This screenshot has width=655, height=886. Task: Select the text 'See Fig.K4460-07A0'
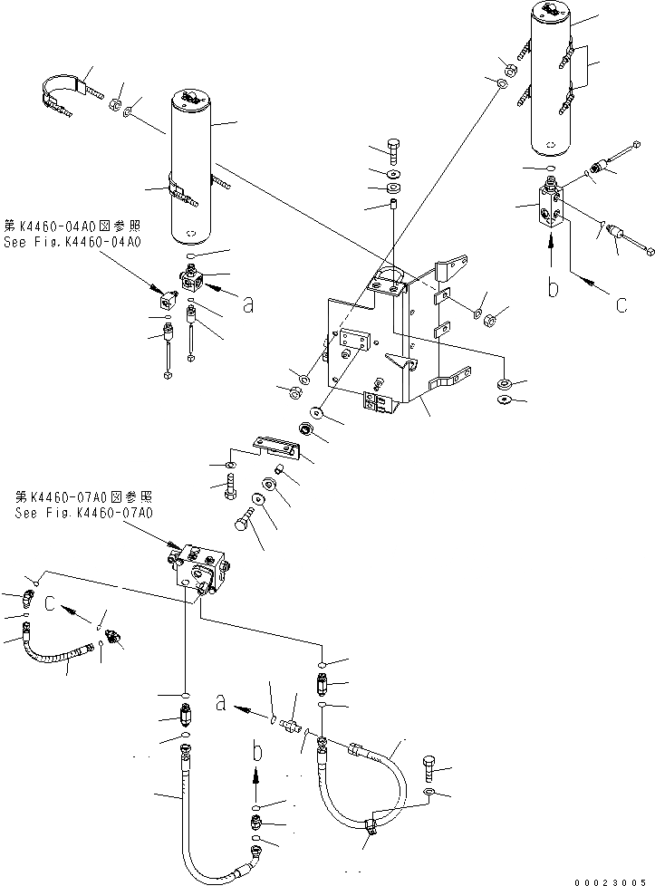tap(83, 512)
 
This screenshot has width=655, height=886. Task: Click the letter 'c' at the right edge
tap(621, 305)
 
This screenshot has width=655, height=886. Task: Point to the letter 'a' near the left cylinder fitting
tap(247, 305)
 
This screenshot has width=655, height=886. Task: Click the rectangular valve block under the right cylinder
tap(554, 207)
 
